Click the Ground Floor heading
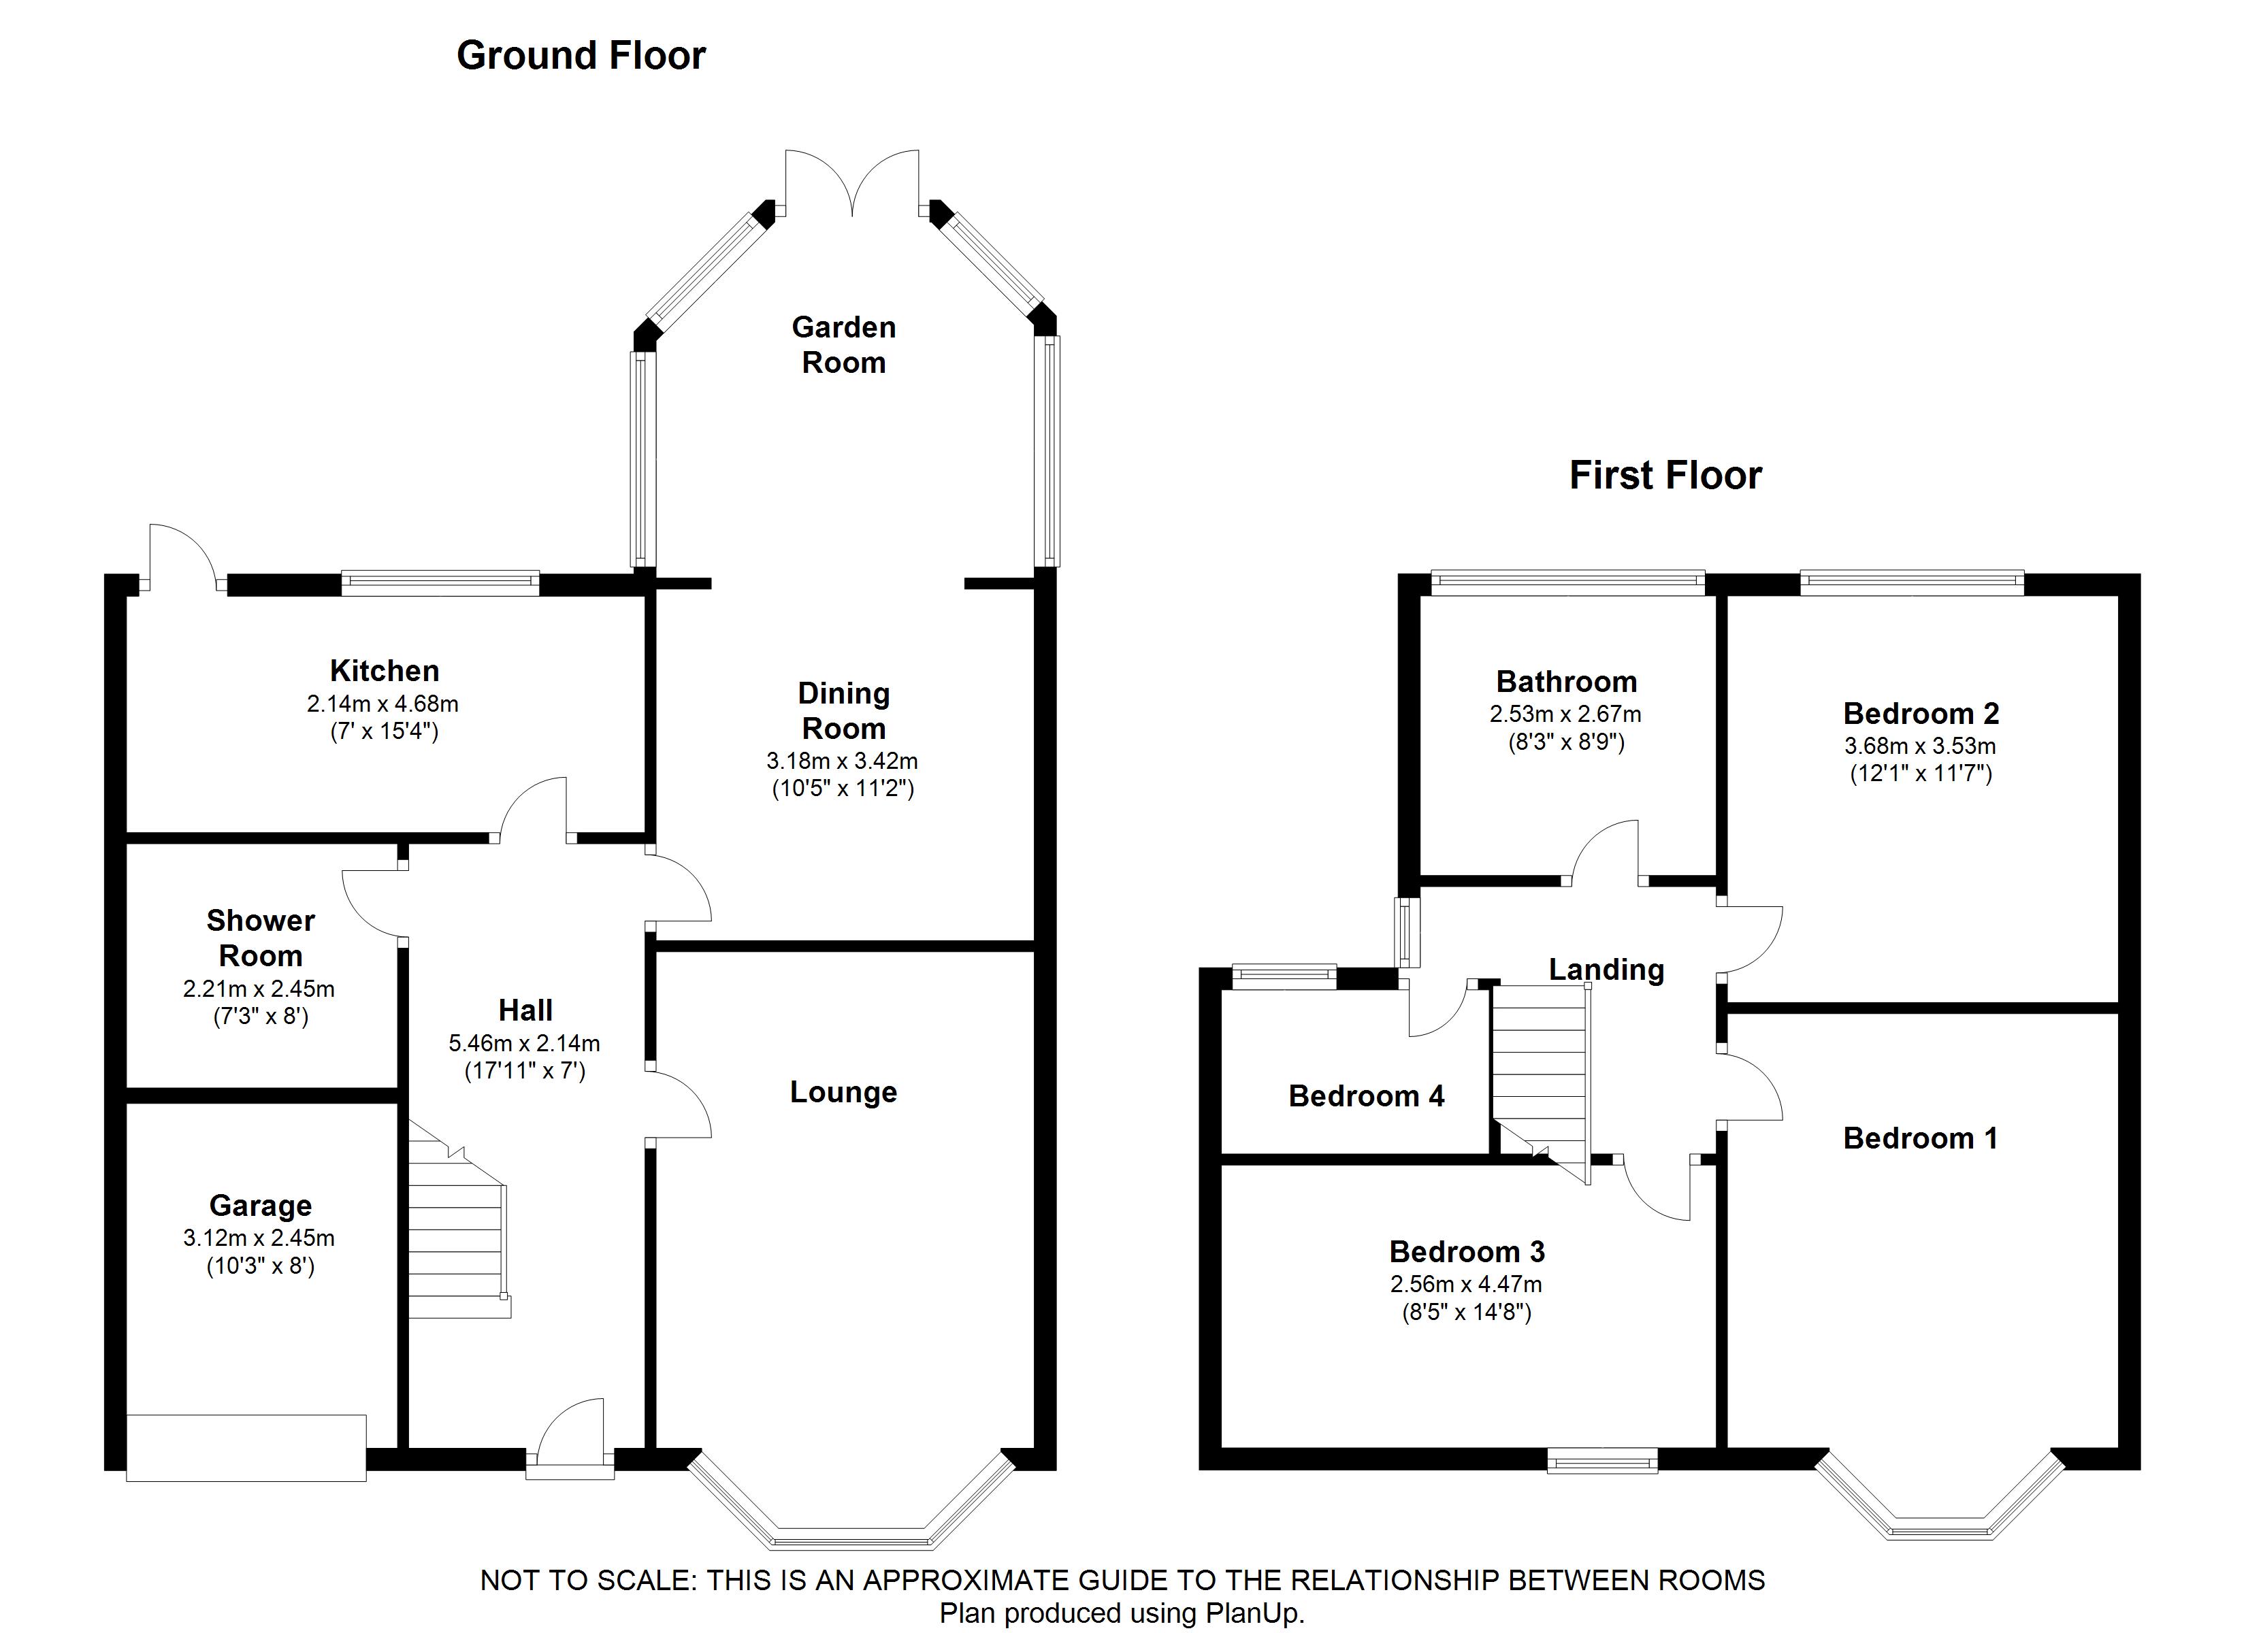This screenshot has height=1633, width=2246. tap(581, 56)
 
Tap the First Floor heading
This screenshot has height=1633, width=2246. tap(1665, 476)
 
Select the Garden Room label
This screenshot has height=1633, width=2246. tap(844, 344)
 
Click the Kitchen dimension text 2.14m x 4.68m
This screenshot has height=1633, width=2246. tap(383, 704)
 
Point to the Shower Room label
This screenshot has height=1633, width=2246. tap(261, 938)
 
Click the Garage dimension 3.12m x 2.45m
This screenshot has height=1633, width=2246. tap(259, 1238)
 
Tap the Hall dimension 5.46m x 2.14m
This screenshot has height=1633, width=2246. tap(524, 1043)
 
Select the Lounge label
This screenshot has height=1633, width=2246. tap(844, 1092)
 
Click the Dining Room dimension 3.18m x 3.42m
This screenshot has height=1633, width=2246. tap(842, 761)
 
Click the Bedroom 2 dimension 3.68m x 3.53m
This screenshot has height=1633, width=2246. tap(1920, 746)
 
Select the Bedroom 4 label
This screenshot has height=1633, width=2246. tap(1367, 1095)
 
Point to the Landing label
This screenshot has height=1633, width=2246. tap(1606, 970)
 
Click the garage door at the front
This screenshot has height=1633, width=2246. tap(246, 1448)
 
